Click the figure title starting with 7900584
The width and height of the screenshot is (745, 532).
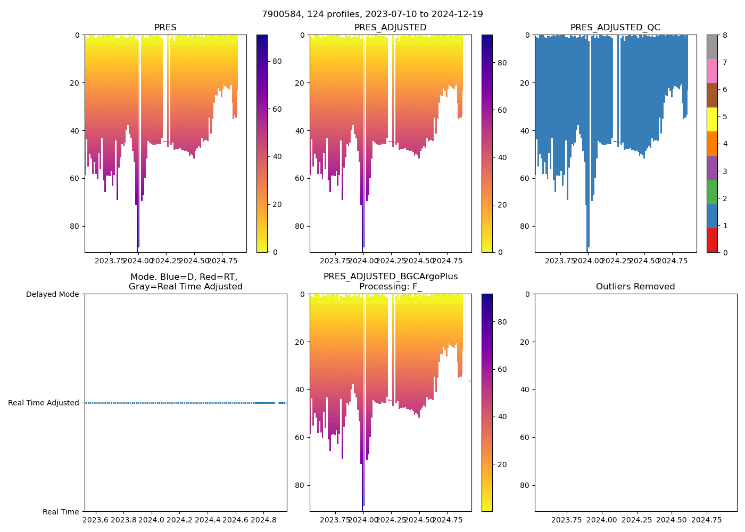(372, 14)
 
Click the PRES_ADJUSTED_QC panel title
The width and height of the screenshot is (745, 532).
(615, 28)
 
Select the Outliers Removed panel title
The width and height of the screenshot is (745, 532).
(635, 287)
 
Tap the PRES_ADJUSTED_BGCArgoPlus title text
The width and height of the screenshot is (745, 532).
(391, 277)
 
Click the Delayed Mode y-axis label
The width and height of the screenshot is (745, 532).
(52, 294)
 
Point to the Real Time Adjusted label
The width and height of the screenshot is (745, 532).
(44, 403)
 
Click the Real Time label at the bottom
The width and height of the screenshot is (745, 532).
(61, 512)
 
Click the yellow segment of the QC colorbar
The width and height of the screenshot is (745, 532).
(712, 119)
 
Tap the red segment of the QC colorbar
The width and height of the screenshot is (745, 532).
(712, 240)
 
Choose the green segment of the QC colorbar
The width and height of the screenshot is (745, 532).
(712, 192)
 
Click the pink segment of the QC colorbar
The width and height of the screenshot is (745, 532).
(712, 71)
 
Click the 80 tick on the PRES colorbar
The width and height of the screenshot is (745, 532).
(277, 61)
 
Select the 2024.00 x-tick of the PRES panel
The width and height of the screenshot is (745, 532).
(138, 261)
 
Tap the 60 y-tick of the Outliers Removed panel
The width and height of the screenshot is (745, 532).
(526, 437)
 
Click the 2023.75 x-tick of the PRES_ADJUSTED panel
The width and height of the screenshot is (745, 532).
(335, 261)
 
